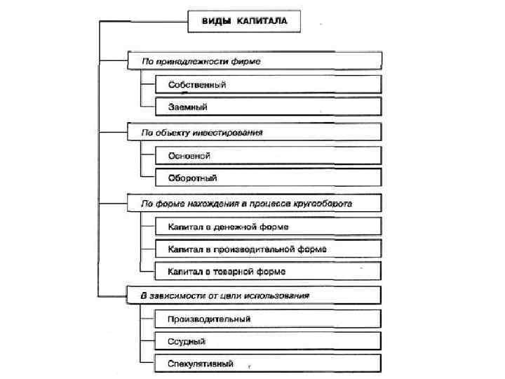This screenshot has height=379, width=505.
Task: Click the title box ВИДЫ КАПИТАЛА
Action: coord(244,22)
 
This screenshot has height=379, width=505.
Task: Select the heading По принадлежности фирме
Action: coord(254,62)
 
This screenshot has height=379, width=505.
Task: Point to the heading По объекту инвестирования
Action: coord(254,131)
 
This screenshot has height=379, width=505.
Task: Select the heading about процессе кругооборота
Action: coord(254,204)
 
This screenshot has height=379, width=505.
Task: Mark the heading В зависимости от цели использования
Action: coord(254,295)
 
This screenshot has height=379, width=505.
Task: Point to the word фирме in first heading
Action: coord(247,62)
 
